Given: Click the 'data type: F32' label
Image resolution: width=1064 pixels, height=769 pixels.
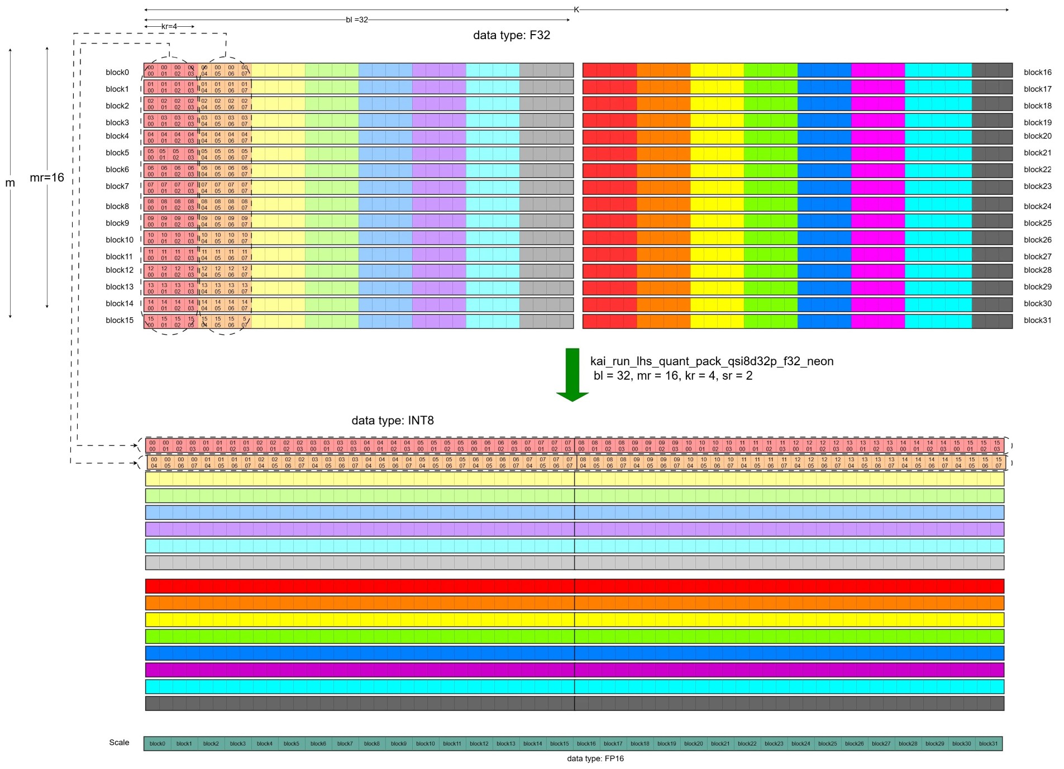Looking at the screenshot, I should (x=512, y=35).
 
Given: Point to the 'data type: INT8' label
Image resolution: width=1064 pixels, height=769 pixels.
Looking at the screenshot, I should (x=393, y=421).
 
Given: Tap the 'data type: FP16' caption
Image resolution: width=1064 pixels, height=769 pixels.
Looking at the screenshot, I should (x=595, y=758).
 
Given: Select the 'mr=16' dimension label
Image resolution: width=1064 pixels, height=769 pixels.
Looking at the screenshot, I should (x=47, y=178).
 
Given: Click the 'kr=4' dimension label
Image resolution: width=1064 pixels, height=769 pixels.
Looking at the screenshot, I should (x=169, y=26).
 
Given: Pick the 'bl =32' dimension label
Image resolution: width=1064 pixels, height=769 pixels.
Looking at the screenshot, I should (x=357, y=20).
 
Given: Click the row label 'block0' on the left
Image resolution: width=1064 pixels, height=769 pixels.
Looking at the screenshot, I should (x=117, y=72).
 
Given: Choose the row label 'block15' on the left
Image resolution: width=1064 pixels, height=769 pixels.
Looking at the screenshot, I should (x=120, y=320).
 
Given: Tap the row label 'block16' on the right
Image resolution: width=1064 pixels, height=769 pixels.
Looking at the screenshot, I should (x=1038, y=72).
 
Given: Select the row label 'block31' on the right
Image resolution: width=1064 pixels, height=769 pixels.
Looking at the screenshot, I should (x=1038, y=320).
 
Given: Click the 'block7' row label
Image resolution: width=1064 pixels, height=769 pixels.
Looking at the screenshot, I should (x=117, y=186).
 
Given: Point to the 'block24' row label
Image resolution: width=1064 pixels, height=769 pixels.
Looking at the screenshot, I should (x=1038, y=206).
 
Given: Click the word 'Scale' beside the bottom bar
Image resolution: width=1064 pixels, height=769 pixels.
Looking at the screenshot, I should (x=119, y=742).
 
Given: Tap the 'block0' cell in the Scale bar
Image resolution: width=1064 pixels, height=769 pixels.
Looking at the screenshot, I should (x=158, y=743).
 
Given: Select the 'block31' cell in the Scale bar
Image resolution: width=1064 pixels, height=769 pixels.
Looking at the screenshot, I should (x=989, y=743).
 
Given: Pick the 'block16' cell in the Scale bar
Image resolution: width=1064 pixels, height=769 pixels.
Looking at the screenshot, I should (x=586, y=743).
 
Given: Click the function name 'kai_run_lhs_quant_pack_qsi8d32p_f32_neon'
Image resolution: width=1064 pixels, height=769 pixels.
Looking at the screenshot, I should (x=712, y=361).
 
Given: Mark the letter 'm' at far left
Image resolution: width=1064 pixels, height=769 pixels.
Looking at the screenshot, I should (x=10, y=183).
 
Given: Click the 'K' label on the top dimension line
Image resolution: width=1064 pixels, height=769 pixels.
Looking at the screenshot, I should (x=576, y=9).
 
